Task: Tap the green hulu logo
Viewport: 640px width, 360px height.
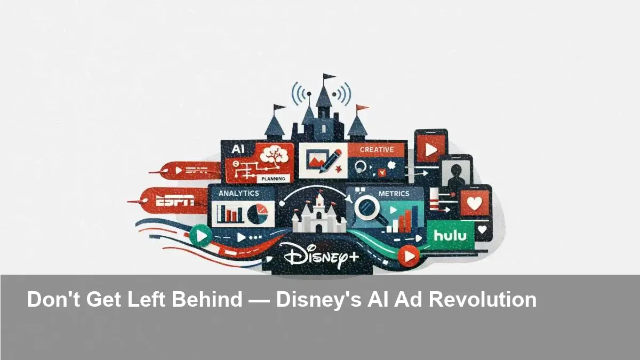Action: pos(450,235)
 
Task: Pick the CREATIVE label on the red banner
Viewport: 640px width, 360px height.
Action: pos(377,150)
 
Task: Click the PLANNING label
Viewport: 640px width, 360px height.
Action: pos(274,179)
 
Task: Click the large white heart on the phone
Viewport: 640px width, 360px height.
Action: pos(474,203)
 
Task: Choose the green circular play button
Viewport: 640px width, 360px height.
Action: pos(201,235)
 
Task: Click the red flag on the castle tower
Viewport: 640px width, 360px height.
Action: pos(362,108)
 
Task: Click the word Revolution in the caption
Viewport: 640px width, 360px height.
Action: pos(483,299)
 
